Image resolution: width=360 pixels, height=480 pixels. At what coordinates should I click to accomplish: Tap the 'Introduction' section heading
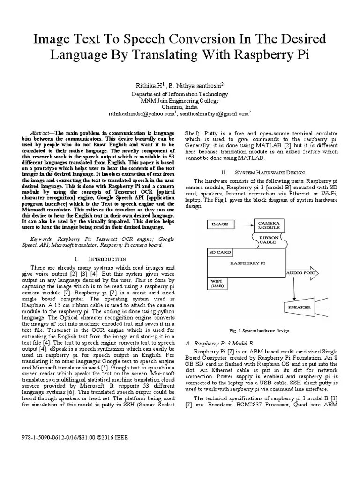pos(102,259)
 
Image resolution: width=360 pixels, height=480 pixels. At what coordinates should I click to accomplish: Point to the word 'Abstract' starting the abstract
pos(42,133)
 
